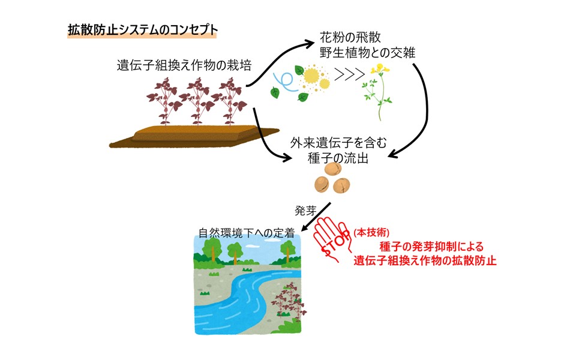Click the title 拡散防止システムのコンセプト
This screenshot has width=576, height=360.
point(143,30)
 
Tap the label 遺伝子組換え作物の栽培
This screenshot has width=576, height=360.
point(184,65)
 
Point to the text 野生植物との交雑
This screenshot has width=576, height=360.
point(367,53)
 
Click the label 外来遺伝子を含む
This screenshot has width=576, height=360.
point(338,143)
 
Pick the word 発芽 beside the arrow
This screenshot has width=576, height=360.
point(305,211)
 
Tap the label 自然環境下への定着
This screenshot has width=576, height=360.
point(247,233)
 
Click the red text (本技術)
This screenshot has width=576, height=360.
point(371,232)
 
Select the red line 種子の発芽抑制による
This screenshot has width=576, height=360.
point(431,247)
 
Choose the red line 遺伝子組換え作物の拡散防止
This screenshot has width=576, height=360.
point(425,260)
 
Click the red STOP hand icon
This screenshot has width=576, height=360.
point(332,239)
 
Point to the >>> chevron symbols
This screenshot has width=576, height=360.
point(350,74)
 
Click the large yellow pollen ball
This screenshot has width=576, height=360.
point(311,76)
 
